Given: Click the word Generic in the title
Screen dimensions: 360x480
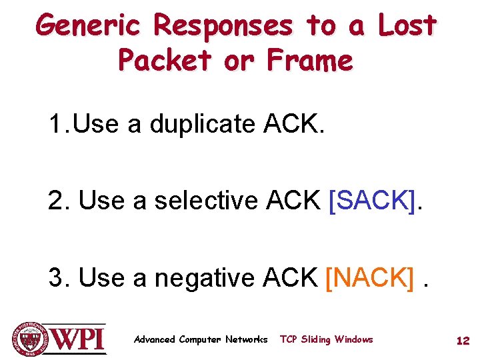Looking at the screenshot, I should click(88, 26).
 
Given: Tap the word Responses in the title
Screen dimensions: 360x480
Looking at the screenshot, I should click(223, 26).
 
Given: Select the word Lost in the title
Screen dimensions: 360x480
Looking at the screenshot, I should click(407, 26).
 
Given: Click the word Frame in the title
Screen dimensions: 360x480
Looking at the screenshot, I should click(309, 61).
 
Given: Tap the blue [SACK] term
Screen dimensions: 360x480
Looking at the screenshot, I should click(371, 201).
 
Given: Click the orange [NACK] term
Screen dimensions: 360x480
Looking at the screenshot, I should click(369, 277).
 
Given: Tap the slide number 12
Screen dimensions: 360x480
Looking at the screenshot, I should click(463, 341).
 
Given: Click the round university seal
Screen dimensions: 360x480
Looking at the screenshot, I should click(29, 338).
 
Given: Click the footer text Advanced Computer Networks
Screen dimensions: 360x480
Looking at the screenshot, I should click(201, 340).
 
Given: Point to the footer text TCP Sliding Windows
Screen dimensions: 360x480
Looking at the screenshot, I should click(327, 340).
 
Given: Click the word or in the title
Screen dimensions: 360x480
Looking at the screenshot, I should click(237, 61).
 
